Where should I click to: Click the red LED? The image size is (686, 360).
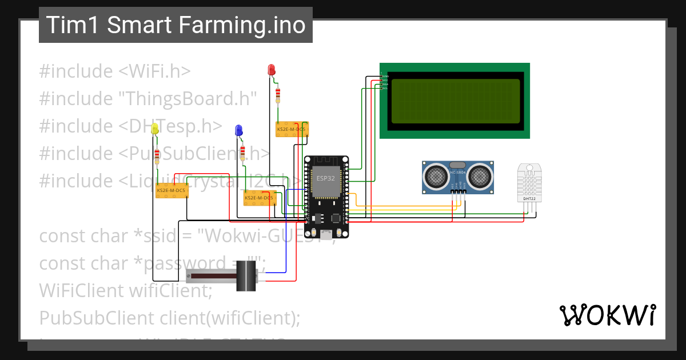click(x=272, y=70)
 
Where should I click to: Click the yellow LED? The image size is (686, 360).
click(x=154, y=130)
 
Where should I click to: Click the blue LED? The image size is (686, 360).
click(x=239, y=131)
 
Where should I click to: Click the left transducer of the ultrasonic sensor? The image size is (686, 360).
click(x=437, y=175)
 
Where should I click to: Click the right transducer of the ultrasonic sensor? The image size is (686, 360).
click(x=479, y=175)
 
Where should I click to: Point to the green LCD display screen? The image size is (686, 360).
click(x=455, y=101)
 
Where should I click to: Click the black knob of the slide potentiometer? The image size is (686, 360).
click(x=246, y=275)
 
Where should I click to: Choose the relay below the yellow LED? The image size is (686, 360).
click(x=171, y=190)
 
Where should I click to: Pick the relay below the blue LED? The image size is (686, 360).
click(x=259, y=198)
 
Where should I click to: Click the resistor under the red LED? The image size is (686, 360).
click(x=278, y=94)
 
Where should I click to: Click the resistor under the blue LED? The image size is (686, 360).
click(x=243, y=152)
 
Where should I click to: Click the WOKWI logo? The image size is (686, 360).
click(x=607, y=315)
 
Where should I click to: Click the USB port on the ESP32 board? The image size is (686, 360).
click(x=326, y=235)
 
